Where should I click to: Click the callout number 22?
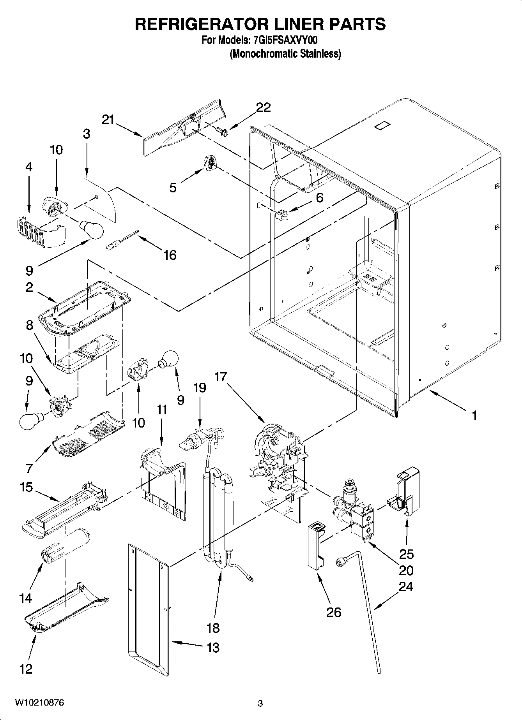(263, 107)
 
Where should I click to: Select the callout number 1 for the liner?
(474, 416)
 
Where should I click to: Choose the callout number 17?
(220, 377)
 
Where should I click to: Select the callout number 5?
(173, 188)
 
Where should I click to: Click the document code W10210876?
(39, 702)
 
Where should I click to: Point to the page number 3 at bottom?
(260, 703)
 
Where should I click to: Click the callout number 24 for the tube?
(406, 586)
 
